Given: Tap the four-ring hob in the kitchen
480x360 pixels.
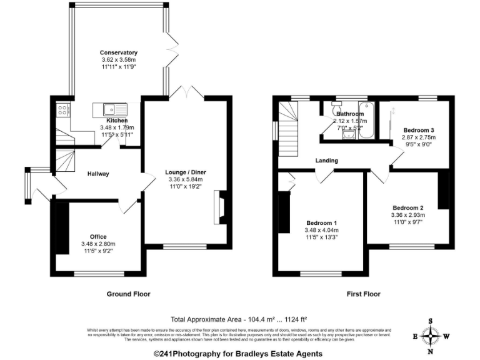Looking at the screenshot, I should click(63, 111).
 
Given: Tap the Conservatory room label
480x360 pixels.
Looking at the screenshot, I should click(119, 52).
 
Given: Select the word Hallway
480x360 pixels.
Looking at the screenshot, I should click(98, 174).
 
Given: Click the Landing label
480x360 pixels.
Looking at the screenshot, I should click(326, 161).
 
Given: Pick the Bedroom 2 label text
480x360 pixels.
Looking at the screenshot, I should click(408, 207).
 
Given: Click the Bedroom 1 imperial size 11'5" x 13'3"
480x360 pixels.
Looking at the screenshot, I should click(322, 237).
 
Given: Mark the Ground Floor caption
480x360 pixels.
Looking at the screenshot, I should click(128, 294).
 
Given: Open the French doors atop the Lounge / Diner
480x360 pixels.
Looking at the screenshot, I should click(187, 94).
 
